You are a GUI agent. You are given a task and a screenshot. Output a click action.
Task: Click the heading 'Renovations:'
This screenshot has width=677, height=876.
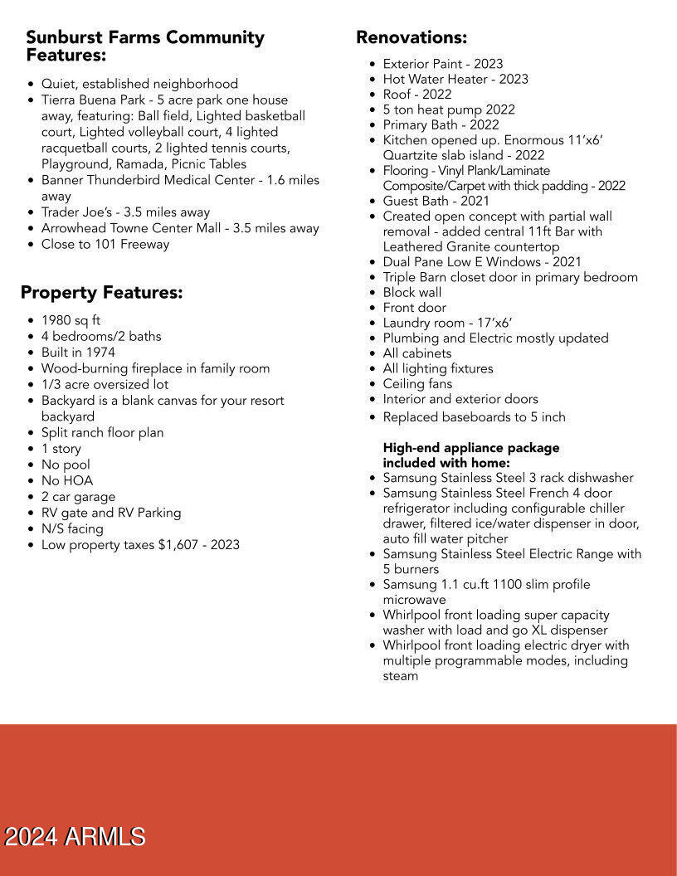[x=412, y=37]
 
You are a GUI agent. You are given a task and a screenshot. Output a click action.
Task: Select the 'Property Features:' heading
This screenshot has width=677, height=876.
[x=101, y=293]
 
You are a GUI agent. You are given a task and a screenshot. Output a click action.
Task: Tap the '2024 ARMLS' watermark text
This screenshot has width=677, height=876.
[x=75, y=837]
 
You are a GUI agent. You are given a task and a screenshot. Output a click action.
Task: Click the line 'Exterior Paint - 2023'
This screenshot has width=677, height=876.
[x=442, y=64]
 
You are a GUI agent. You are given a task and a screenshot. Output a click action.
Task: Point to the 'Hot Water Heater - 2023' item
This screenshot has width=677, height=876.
[x=455, y=80]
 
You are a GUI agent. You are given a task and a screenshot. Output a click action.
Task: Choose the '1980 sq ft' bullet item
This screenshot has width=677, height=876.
[x=71, y=320]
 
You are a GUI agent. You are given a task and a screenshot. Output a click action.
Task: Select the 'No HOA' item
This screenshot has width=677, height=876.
[x=67, y=481]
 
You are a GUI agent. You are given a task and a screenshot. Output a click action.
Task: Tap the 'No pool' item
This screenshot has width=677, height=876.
[x=66, y=465]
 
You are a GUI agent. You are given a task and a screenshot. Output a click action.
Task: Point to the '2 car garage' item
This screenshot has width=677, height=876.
[x=78, y=497]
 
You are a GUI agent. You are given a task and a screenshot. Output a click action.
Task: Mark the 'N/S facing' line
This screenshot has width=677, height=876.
[x=72, y=529]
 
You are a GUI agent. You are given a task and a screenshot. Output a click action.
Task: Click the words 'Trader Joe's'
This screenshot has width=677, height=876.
[x=76, y=212]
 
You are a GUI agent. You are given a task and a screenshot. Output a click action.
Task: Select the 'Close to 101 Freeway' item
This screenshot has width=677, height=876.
[x=105, y=245]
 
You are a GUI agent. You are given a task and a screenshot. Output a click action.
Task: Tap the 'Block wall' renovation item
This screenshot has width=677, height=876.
[x=412, y=293]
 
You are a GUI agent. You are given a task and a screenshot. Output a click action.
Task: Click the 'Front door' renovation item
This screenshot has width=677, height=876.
[x=414, y=308]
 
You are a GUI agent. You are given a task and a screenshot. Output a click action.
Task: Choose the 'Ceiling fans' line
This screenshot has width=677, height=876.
[x=417, y=384]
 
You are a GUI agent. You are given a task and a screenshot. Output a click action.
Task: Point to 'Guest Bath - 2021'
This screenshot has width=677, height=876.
[x=436, y=201]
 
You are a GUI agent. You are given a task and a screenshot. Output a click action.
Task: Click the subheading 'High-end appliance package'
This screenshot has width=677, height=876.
[x=470, y=448]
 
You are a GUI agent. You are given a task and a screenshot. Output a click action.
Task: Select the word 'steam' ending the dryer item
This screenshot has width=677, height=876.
[x=400, y=676]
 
